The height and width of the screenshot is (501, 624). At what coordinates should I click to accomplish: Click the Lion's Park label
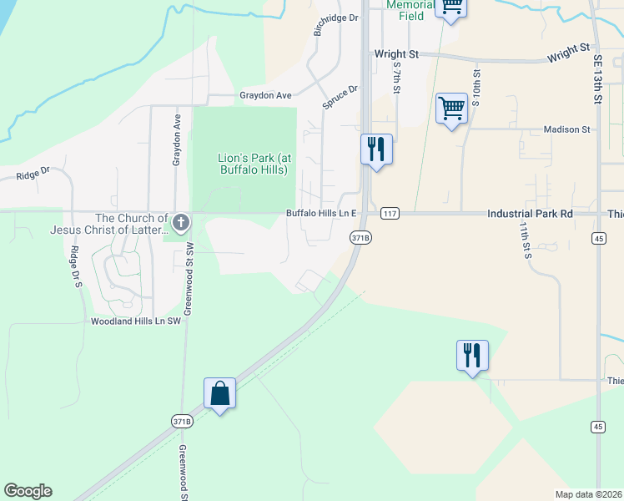coord(253,164)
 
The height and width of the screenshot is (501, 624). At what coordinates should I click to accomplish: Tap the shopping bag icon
coord(219,393)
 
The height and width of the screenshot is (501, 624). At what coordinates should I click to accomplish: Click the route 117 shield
coord(389,214)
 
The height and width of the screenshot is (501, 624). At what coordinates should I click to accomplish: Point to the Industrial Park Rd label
coord(530,214)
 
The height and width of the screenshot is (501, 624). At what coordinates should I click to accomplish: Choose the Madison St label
coord(566,129)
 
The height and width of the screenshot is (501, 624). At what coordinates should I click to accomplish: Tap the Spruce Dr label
coord(340,96)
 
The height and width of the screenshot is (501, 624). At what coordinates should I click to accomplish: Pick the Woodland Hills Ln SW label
coord(136,321)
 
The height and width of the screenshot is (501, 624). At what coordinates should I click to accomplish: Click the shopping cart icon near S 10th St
coord(450,108)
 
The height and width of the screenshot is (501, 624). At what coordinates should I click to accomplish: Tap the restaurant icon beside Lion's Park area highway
coord(376,149)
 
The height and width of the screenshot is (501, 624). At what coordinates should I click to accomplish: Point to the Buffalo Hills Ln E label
coord(321,214)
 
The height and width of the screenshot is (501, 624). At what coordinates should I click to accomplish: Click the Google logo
coord(28,491)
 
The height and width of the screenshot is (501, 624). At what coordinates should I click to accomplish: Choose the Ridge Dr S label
coord(75,267)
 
